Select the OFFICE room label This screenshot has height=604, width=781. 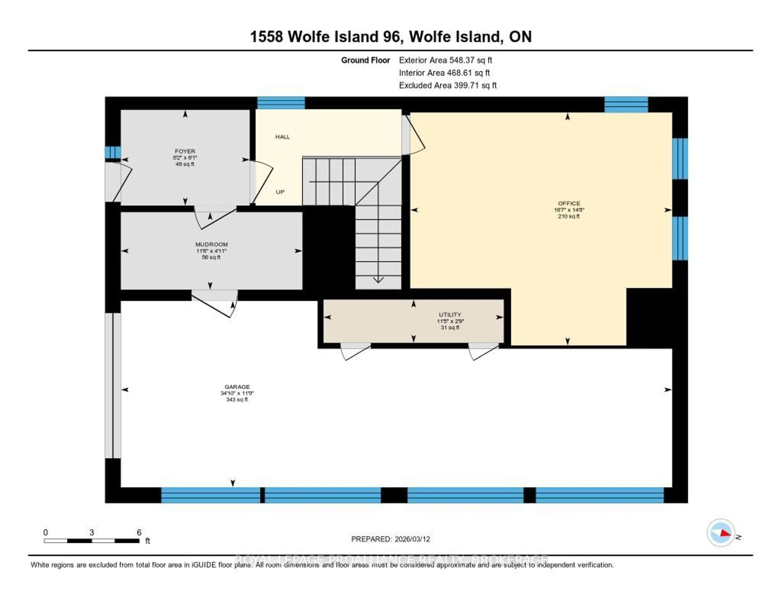coord(569,203)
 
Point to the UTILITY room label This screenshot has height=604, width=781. coord(450,315)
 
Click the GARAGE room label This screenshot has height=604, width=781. coord(237,387)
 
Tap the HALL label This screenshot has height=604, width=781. coord(283,137)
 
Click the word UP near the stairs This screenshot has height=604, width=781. coord(280,192)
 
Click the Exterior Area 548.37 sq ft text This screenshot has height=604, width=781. coord(446,60)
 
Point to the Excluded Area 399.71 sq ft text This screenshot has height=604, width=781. coord(448,85)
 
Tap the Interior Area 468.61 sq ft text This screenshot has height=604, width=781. coord(444,73)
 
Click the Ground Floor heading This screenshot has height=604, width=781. coord(365,60)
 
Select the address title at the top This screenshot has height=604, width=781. coord(390,36)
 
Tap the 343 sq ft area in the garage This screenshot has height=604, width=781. coord(237,400)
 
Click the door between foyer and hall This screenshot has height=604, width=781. coord(261,183)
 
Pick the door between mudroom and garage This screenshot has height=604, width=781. coord(215,304)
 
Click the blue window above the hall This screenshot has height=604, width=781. coord(281,103)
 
